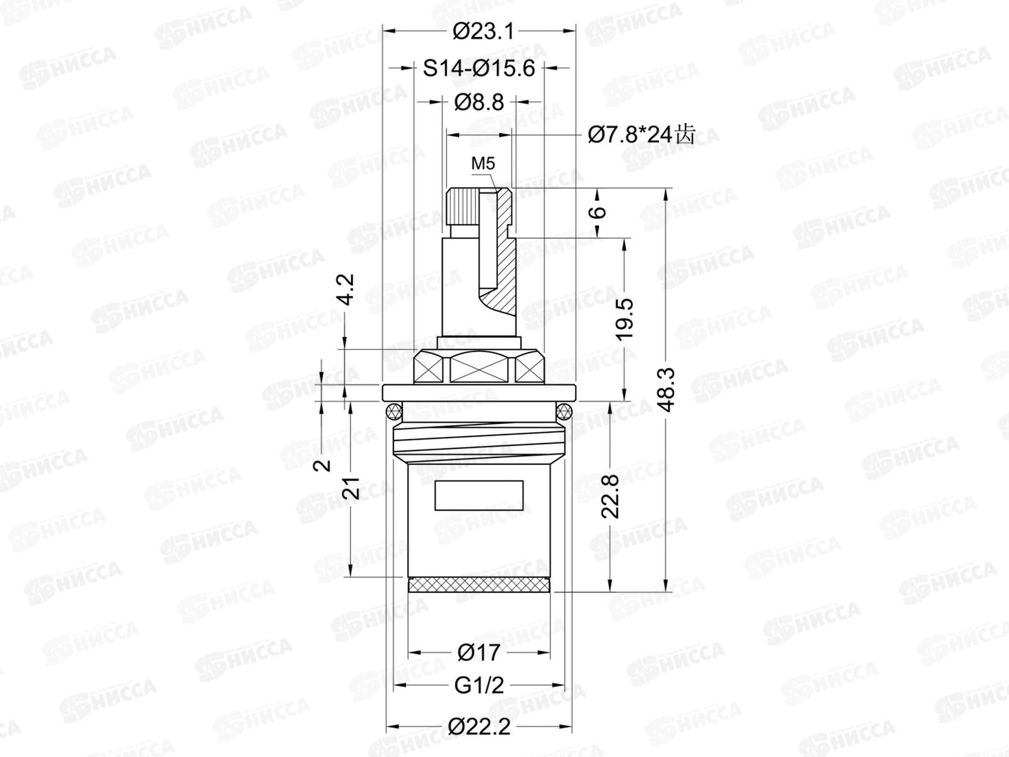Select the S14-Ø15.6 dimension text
(x=479, y=67)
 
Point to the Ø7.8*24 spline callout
(x=640, y=134)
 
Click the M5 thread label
(x=483, y=164)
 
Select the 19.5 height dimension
(x=624, y=319)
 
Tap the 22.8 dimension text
(x=610, y=496)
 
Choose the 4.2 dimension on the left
(x=346, y=289)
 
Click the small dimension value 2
(x=322, y=465)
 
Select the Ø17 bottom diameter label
(x=479, y=652)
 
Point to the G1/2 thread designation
(x=479, y=685)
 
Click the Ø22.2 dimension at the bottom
(x=479, y=727)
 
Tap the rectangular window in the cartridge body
(x=479, y=495)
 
